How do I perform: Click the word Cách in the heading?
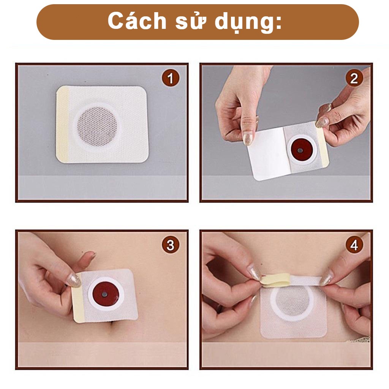point(137,21)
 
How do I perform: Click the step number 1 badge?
point(171,78)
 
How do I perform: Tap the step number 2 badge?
point(354,78)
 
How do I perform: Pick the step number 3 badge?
point(171,245)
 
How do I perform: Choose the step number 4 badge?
point(354,245)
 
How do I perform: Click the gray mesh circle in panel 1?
point(97,127)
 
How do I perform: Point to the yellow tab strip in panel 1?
point(63,124)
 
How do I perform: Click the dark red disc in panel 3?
point(106,294)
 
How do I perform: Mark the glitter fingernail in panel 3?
point(74,281)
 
